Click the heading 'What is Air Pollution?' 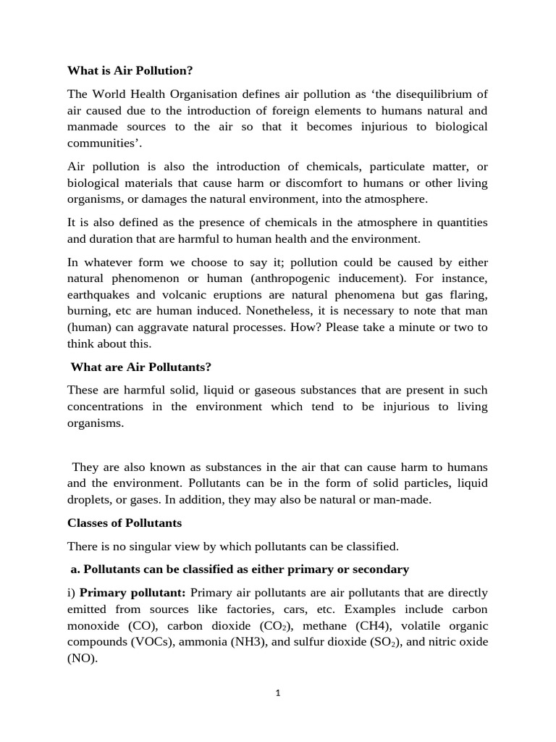pos(130,71)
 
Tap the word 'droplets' pos(88,500)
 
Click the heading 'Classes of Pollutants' pos(125,522)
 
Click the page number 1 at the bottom pos(277,693)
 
